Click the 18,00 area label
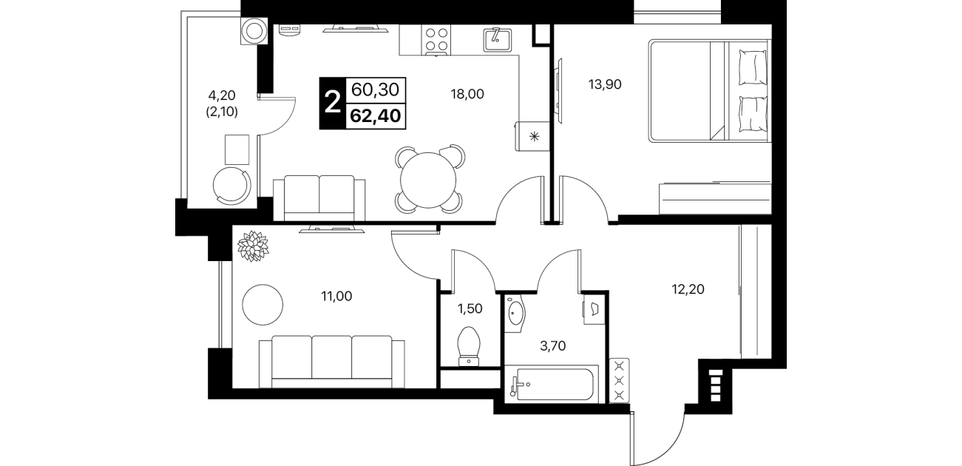click(x=467, y=94)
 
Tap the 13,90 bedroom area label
click(x=605, y=84)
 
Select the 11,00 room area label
click(x=336, y=296)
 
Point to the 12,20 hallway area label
click(x=688, y=289)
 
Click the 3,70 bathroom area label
click(x=552, y=345)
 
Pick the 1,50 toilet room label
click(x=470, y=308)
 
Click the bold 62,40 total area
click(x=376, y=115)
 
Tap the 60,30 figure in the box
click(x=376, y=90)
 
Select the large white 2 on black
click(x=333, y=104)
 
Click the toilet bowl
click(x=469, y=346)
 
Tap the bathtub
click(x=552, y=384)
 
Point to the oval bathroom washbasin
click(x=515, y=313)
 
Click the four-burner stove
click(x=436, y=39)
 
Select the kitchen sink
click(x=498, y=40)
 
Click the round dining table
click(x=428, y=180)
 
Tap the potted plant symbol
click(x=253, y=246)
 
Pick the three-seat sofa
click(x=332, y=362)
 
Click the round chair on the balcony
click(x=232, y=186)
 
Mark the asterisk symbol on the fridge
click(x=535, y=138)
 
